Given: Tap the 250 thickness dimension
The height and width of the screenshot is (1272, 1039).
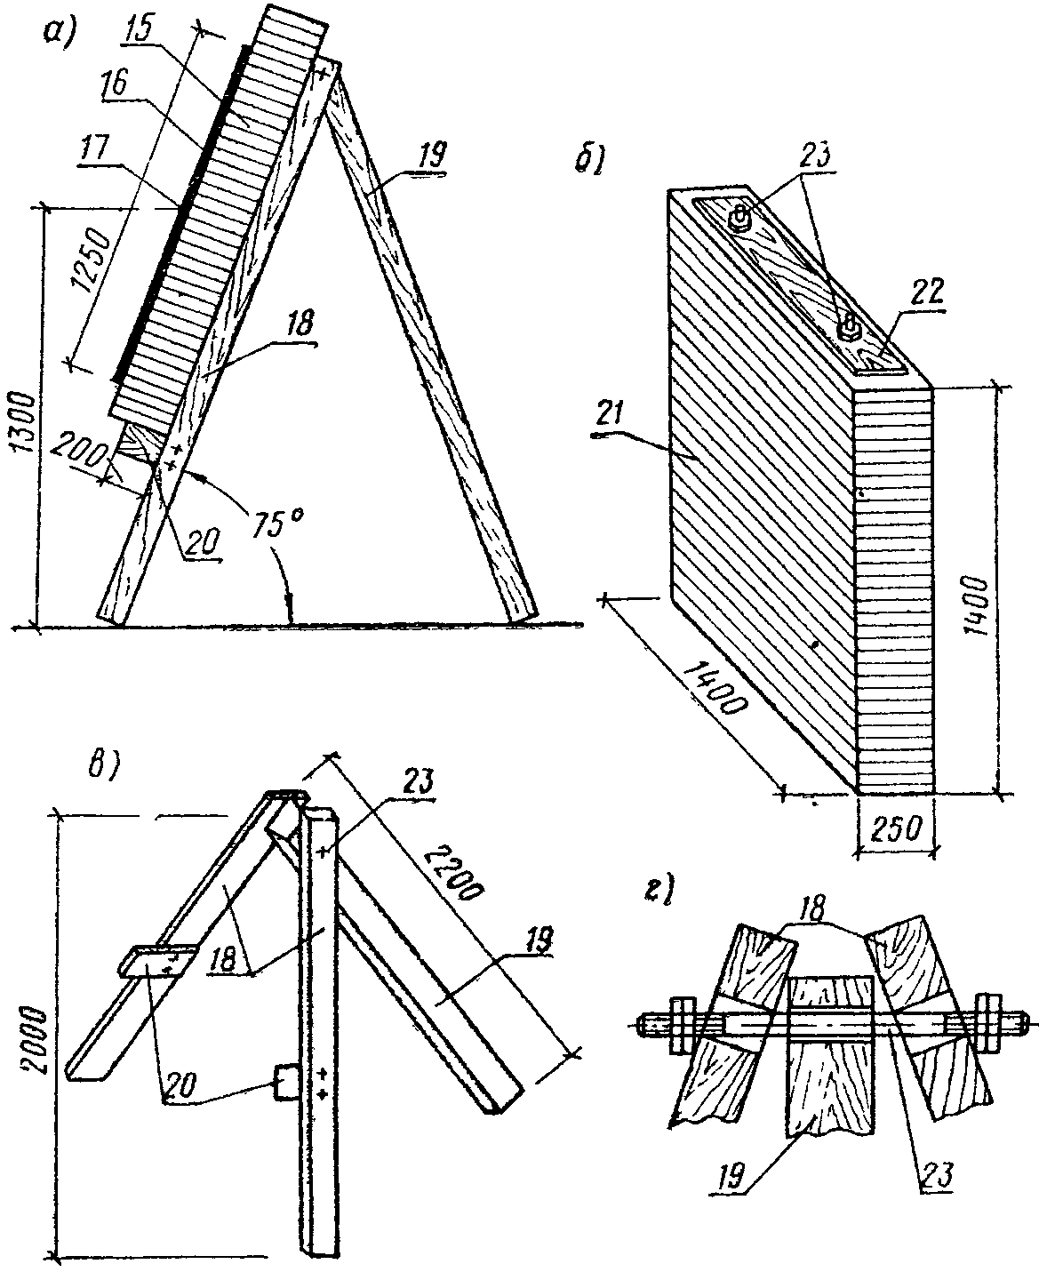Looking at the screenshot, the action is tap(896, 829).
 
